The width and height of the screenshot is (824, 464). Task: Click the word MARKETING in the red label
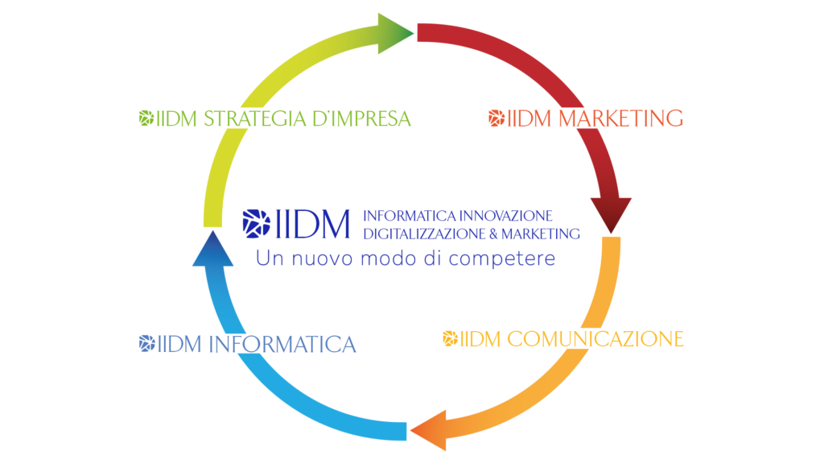[620, 118]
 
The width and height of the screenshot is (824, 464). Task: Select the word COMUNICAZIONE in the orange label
[595, 338]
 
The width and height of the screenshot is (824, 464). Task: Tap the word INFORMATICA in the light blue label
[282, 345]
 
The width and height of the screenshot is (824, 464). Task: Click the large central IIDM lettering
[313, 224]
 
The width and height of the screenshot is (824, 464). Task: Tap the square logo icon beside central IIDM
[256, 224]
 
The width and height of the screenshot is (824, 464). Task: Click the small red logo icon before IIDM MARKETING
[496, 118]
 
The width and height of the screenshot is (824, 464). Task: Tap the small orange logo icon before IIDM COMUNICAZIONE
[450, 338]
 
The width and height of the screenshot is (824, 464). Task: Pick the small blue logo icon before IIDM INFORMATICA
[146, 344]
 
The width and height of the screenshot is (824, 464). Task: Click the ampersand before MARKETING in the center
[508, 234]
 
